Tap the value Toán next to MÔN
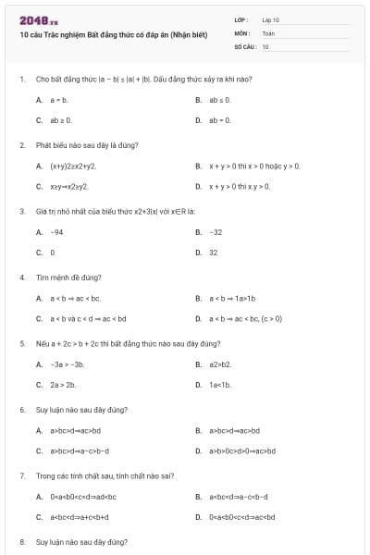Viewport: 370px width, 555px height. pyautogui.click(x=268, y=32)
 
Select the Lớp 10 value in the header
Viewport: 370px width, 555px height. pyautogui.click(x=270, y=19)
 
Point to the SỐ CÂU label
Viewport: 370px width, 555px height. pyautogui.click(x=243, y=45)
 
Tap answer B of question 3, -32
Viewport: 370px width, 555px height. pyautogui.click(x=216, y=231)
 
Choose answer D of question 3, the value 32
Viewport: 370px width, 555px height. pyautogui.click(x=214, y=253)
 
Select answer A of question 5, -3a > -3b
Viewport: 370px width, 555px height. pyautogui.click(x=63, y=364)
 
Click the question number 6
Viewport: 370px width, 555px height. pyautogui.click(x=21, y=409)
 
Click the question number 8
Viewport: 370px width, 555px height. pyautogui.click(x=21, y=541)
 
